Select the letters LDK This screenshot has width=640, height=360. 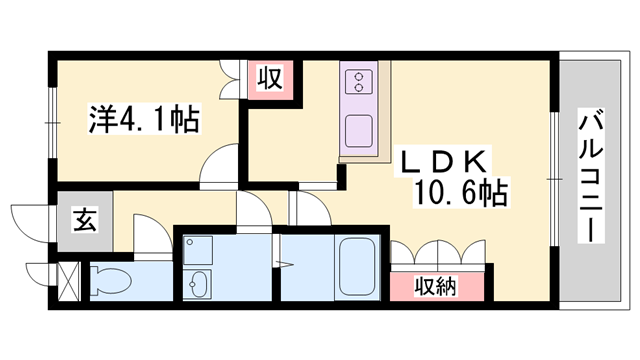[x=444, y=161]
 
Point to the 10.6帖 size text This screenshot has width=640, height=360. [x=456, y=190]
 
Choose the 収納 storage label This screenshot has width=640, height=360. [x=437, y=287]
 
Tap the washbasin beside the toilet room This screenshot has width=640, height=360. [x=200, y=282]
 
